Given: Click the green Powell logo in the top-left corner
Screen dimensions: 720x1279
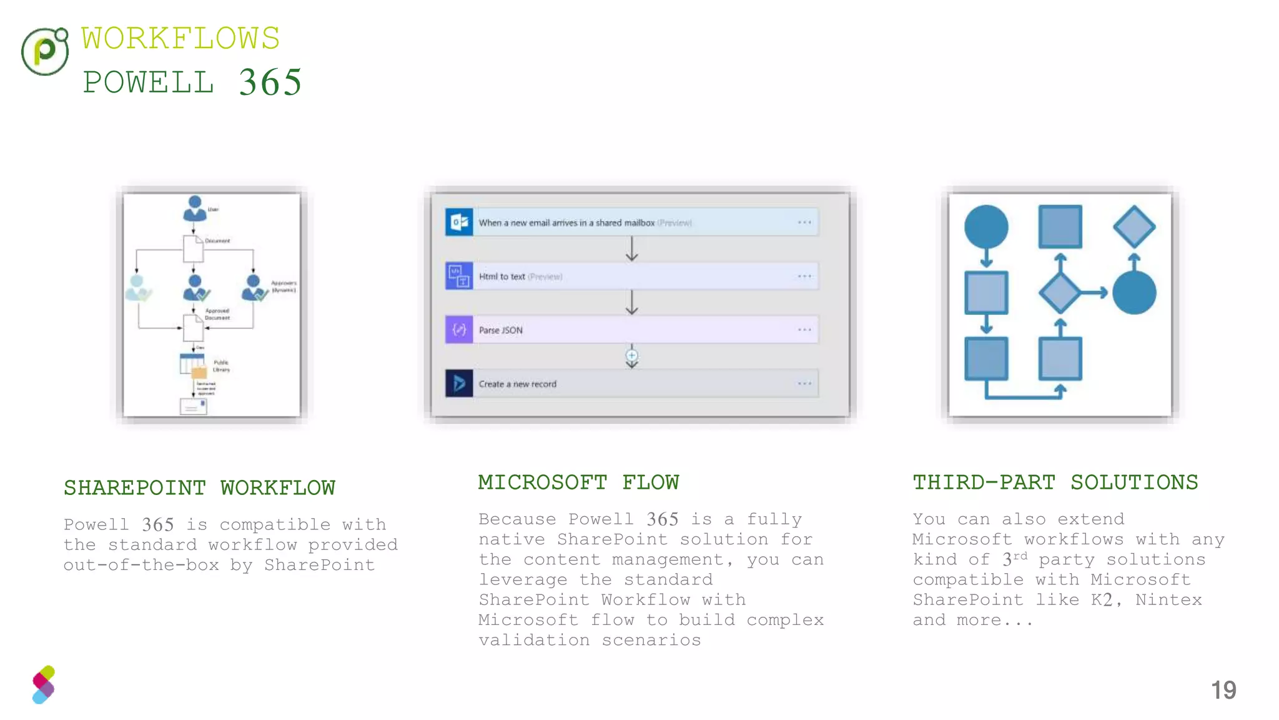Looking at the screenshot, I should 44,51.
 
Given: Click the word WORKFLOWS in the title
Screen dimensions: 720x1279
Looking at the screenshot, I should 180,39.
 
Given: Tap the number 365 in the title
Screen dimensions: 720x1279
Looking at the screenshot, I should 270,82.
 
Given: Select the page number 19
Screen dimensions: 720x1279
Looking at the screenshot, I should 1223,690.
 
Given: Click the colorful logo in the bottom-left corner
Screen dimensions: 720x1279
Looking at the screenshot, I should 44,685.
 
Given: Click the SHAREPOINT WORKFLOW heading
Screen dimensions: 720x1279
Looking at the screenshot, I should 199,487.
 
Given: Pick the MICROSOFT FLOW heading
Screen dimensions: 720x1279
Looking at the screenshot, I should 578,482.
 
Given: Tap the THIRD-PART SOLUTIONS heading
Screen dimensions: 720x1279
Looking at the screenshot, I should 1055,482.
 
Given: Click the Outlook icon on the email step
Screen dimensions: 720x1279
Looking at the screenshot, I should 459,222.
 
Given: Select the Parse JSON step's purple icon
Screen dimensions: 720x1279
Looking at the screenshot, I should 459,329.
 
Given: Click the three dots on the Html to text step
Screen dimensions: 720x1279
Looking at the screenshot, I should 804,276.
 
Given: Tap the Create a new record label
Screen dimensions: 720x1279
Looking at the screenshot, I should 517,384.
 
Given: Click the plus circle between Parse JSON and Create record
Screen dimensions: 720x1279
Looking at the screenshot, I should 632,356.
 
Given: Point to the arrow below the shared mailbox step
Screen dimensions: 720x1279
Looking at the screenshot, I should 632,249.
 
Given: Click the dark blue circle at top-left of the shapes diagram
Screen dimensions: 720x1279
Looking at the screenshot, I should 986,226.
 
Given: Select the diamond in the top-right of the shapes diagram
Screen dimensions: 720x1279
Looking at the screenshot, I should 1134,226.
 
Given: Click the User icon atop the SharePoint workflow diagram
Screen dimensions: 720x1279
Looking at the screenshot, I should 195,208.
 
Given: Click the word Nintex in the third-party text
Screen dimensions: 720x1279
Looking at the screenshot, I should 1168,600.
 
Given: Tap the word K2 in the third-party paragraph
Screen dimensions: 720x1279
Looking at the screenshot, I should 1102,600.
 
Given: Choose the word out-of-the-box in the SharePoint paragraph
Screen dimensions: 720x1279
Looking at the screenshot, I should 141,565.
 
